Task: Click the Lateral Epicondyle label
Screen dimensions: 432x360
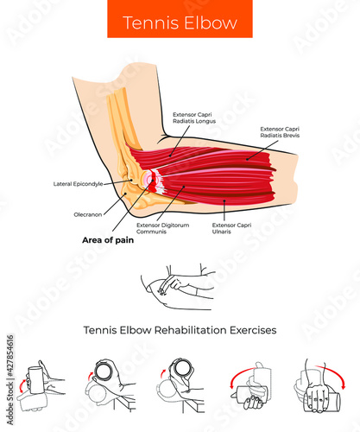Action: click(x=78, y=184)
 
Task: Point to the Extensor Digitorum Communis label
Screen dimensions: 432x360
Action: click(x=163, y=228)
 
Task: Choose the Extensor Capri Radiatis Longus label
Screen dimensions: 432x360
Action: click(x=194, y=118)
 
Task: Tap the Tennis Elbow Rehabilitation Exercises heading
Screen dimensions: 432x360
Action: click(x=180, y=329)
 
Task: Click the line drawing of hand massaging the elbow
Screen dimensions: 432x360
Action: click(x=180, y=287)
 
